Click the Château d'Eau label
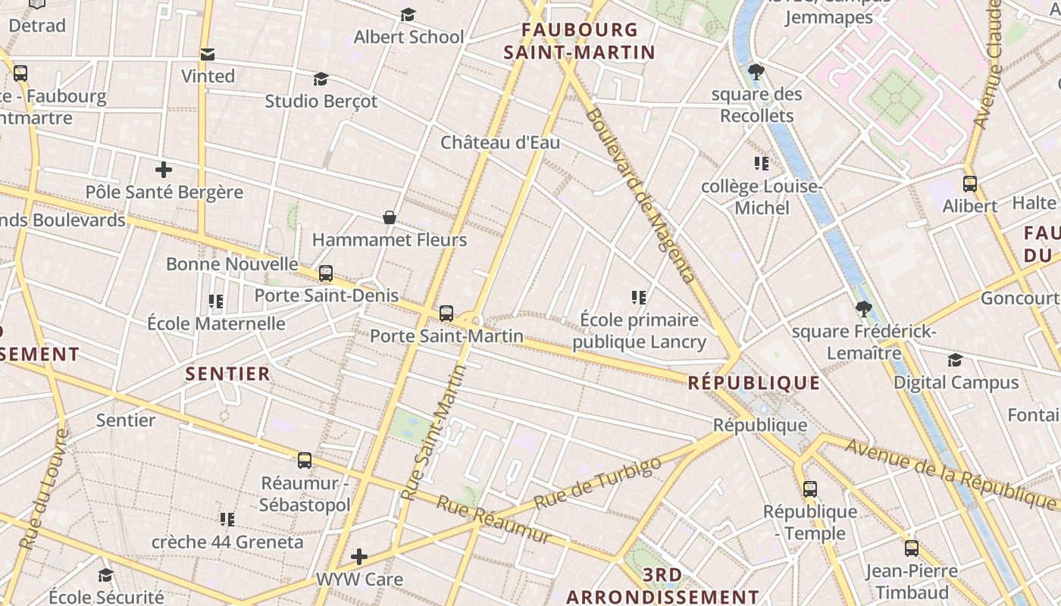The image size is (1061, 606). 500,142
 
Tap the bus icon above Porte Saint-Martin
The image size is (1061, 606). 446,313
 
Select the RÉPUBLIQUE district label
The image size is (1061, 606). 753,383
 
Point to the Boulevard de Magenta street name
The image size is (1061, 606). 640,195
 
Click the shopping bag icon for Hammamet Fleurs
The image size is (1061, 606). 390,218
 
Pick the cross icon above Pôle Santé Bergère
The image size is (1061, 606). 163,170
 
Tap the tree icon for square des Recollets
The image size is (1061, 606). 756,73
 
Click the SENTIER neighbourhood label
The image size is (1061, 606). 227,373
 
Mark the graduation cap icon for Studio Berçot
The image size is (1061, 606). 321,80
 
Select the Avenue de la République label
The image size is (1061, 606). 951,472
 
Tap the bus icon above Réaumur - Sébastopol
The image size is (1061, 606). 305,460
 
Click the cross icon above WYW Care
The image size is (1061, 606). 359,558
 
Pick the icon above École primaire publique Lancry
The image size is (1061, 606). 639,298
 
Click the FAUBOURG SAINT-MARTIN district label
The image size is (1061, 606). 580,41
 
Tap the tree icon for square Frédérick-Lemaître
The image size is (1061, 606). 863,309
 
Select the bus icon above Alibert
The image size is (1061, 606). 969,183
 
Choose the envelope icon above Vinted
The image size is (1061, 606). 207,55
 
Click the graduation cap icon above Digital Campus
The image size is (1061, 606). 955,361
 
